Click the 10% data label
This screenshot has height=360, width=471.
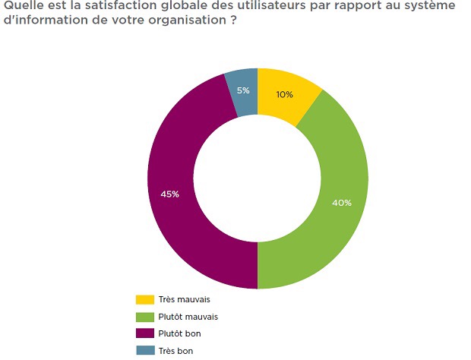click(285, 95)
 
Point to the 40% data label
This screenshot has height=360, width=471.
click(342, 203)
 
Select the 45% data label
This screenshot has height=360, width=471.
click(169, 194)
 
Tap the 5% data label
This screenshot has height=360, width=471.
click(242, 91)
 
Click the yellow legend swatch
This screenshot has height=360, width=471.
click(144, 299)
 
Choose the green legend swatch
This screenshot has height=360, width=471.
click(144, 316)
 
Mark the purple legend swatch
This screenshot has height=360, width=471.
click(144, 333)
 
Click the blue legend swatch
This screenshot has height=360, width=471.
click(144, 350)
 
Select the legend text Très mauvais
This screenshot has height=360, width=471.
click(185, 299)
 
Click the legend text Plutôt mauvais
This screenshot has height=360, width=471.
click(189, 316)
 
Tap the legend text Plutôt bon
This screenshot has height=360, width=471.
click(181, 333)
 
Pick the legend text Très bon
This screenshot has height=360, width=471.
click(176, 350)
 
